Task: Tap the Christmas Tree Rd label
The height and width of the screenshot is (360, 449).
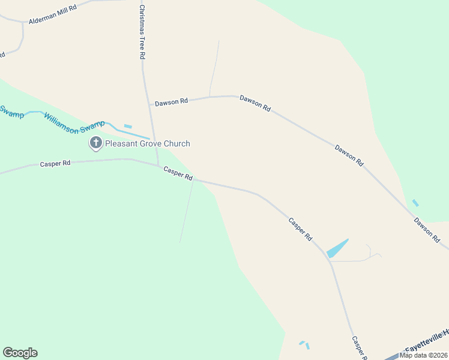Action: click(x=142, y=32)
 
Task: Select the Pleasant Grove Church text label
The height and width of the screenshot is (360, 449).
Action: click(x=147, y=143)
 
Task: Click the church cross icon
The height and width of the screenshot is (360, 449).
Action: click(x=95, y=143)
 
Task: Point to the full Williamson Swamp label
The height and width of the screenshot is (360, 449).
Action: click(x=74, y=118)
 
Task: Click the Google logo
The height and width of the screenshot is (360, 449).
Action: click(x=20, y=352)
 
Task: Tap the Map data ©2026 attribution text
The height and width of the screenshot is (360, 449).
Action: click(x=424, y=355)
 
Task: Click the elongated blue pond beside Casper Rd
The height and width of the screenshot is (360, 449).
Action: click(x=337, y=248)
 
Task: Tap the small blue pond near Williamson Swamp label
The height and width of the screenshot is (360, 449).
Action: click(x=127, y=126)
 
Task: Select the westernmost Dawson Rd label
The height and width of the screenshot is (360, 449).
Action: click(x=171, y=103)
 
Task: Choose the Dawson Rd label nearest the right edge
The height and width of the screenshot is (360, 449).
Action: click(x=427, y=230)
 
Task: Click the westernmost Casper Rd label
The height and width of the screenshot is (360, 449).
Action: click(x=55, y=163)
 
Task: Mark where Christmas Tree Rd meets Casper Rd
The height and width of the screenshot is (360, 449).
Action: click(x=158, y=164)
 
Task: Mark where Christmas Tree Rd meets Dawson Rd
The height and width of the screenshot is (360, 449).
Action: click(x=149, y=104)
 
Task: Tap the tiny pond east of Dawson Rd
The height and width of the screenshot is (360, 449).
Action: click(x=415, y=203)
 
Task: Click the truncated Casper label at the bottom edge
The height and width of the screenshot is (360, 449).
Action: click(x=358, y=347)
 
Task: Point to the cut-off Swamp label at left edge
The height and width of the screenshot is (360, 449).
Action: click(x=10, y=111)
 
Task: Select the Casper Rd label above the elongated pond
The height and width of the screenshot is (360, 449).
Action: click(x=300, y=229)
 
